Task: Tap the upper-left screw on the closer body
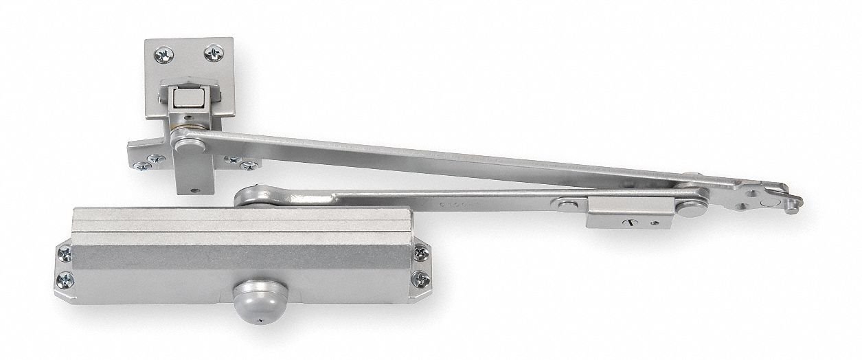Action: (x=64, y=254)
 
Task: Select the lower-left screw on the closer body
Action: (x=65, y=280)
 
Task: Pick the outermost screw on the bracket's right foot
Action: (x=249, y=166)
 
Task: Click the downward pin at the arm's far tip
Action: (x=792, y=207)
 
